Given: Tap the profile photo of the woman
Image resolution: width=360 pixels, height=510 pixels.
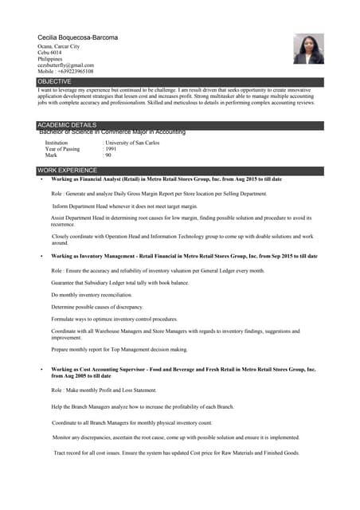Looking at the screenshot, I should click(308, 49).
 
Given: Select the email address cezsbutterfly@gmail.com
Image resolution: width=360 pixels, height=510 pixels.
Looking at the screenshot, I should click(65, 65).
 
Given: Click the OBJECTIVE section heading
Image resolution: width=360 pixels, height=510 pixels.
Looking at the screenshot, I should click(55, 82).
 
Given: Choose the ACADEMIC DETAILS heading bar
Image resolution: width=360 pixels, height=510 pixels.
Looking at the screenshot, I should click(67, 125).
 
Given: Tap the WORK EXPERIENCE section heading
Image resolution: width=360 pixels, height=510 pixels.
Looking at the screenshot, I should click(67, 171).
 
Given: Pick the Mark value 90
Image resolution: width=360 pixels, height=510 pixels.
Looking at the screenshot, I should click(109, 155).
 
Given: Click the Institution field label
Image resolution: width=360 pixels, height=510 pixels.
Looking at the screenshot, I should click(57, 143).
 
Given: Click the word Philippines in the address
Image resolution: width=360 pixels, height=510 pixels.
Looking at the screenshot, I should click(52, 59).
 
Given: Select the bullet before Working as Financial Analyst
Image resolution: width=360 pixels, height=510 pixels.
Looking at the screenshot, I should click(41, 180).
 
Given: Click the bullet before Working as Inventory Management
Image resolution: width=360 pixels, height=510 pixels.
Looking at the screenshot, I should click(41, 257).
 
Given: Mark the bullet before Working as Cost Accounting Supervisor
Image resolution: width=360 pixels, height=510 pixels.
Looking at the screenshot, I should click(41, 371).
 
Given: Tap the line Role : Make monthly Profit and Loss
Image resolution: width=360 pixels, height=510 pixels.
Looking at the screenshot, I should click(104, 390).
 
